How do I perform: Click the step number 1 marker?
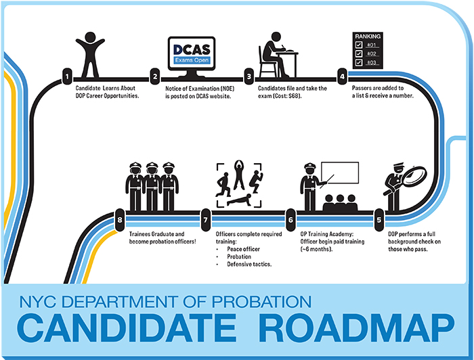point(66,76)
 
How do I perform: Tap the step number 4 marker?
point(343,76)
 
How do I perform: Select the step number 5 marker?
point(379,219)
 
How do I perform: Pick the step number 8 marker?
point(120,219)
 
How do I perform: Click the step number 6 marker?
point(290,219)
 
